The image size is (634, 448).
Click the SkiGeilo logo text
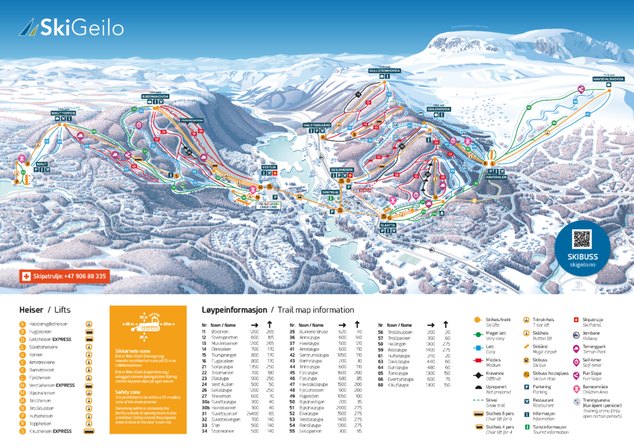click(x=81, y=27)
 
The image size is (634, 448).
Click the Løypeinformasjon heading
click(x=234, y=309)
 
